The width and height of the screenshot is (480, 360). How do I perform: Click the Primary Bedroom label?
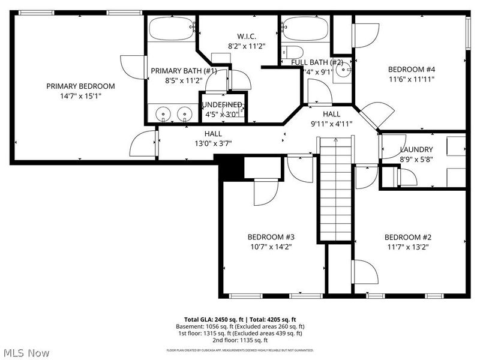tap(80, 86)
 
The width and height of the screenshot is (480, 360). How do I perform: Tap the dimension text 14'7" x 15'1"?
tap(80, 95)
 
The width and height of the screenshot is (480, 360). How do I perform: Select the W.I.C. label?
tap(246, 35)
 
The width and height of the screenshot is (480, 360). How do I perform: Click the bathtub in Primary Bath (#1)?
tap(172, 29)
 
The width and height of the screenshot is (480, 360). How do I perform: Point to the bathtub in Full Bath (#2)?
tap(305, 28)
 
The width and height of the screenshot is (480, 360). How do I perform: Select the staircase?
tap(335, 188)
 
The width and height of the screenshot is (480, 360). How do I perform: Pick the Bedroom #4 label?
tap(411, 69)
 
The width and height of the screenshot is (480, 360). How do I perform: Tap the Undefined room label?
tap(223, 104)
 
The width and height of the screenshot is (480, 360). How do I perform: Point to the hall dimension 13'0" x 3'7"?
tap(212, 143)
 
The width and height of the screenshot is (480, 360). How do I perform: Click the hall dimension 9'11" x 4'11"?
tap(331, 124)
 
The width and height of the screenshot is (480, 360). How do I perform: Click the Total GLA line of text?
tap(239, 319)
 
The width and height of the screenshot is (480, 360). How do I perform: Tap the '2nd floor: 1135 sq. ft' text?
tap(240, 340)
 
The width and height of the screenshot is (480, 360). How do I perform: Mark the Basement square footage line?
tap(240, 326)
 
